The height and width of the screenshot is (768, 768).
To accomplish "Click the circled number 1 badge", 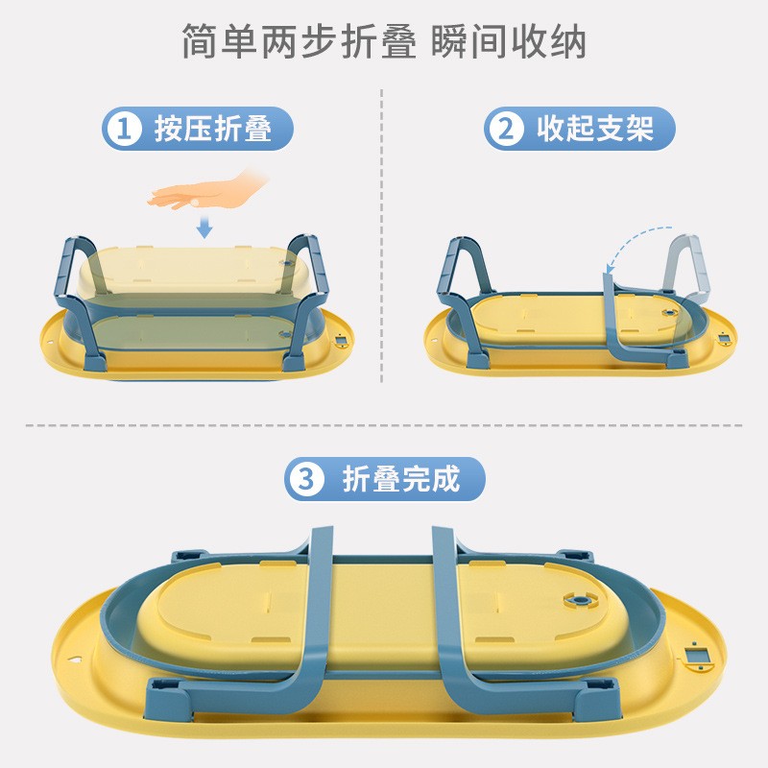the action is pyautogui.click(x=124, y=129).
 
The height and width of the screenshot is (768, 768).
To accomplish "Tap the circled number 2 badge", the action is pyautogui.click(x=506, y=129).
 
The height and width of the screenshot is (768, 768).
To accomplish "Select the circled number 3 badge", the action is pyautogui.click(x=306, y=479).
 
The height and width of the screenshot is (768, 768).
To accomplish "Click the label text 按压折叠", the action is pyautogui.click(x=213, y=129).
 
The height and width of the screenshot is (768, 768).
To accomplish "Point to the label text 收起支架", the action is pyautogui.click(x=595, y=129).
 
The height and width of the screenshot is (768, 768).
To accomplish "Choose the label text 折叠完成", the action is pyautogui.click(x=401, y=479).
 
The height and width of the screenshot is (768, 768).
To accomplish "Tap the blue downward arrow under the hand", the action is pyautogui.click(x=204, y=227).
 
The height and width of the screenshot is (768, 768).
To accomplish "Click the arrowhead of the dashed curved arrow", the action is pyautogui.click(x=610, y=269).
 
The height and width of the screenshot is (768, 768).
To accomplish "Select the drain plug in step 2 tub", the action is pyautogui.click(x=669, y=313).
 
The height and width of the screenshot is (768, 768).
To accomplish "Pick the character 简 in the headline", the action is pyautogui.click(x=200, y=41).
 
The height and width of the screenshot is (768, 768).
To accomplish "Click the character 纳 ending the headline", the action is pyautogui.click(x=567, y=41).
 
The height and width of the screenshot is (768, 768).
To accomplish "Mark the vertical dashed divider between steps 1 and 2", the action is pyautogui.click(x=381, y=235).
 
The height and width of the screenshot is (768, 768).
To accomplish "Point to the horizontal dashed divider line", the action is pyautogui.click(x=384, y=425).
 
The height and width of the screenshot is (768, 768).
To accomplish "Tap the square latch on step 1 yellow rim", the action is pyautogui.click(x=342, y=340).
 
